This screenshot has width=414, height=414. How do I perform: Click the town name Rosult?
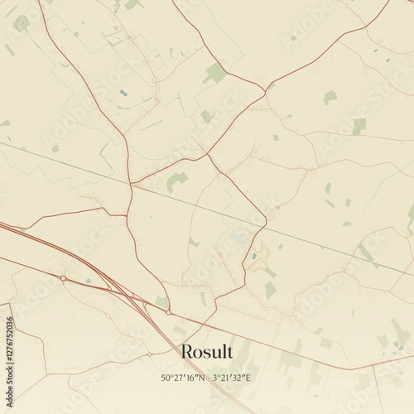click(x=206, y=353)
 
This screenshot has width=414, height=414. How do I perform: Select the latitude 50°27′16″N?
click(x=186, y=378)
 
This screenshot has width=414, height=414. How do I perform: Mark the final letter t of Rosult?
click(x=229, y=353)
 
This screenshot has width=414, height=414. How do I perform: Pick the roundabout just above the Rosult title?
click(x=169, y=312)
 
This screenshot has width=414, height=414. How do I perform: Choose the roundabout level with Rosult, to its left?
click(x=149, y=354)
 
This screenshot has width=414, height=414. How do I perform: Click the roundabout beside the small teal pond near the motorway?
click(x=63, y=277)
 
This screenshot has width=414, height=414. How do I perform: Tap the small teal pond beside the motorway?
click(x=88, y=281)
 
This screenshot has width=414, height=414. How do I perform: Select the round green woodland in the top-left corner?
click(x=22, y=24)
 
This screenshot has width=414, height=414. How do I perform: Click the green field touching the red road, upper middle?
click(x=214, y=73)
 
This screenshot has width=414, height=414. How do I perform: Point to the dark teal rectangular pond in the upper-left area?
click(x=123, y=93)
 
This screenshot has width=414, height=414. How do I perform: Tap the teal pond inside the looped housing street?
click(x=253, y=256)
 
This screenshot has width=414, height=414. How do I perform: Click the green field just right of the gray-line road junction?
click(x=175, y=180)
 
